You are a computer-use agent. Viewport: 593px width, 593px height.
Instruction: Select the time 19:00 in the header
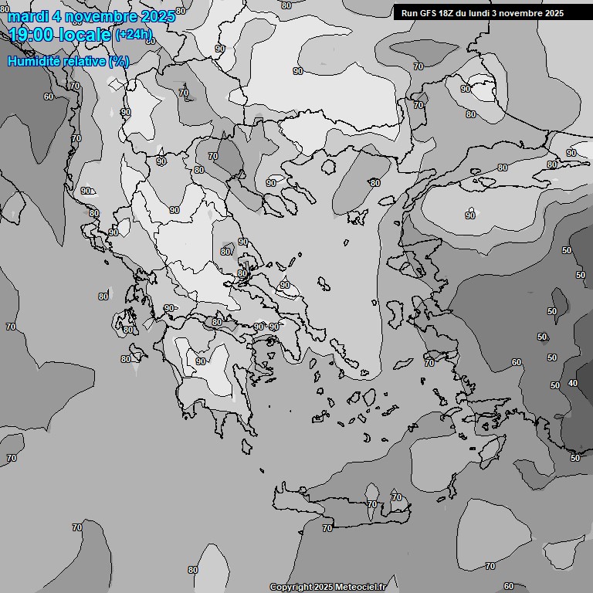tap(35, 35)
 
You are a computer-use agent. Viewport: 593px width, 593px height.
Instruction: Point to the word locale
tap(87, 35)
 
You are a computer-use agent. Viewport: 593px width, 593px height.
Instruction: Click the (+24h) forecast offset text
tap(134, 34)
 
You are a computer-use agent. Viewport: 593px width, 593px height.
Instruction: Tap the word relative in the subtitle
tap(83, 61)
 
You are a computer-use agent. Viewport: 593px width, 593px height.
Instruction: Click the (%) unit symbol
tap(119, 61)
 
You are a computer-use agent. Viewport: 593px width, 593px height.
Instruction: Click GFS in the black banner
tap(431, 13)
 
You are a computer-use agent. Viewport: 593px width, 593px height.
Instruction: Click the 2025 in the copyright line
tap(324, 587)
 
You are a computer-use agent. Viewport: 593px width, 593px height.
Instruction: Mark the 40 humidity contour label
tap(572, 383)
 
